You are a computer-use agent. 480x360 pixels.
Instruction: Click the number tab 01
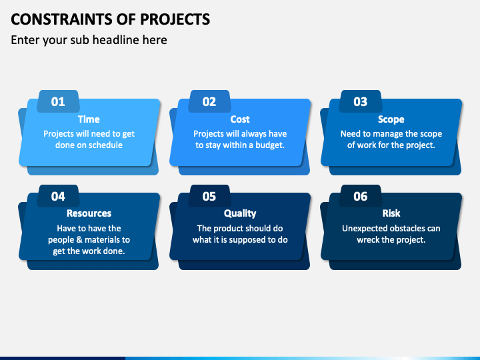click(58, 102)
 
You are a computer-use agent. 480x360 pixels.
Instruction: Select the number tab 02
click(209, 102)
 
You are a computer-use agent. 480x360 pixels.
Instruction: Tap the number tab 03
click(360, 102)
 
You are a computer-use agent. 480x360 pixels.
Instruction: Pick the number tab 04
click(58, 196)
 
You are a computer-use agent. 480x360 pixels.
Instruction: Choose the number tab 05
click(209, 196)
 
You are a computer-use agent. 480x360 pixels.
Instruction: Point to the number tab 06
click(360, 196)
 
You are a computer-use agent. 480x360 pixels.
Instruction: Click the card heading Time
click(89, 119)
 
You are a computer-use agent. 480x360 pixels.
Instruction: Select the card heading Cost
click(240, 119)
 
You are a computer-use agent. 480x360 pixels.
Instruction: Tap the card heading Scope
click(391, 119)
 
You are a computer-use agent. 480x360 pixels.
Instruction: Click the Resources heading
click(89, 213)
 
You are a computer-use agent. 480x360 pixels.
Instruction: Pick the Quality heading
click(240, 213)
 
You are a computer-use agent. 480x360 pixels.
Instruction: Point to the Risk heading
click(391, 213)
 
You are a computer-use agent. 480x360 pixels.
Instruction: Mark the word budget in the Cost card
click(267, 145)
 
